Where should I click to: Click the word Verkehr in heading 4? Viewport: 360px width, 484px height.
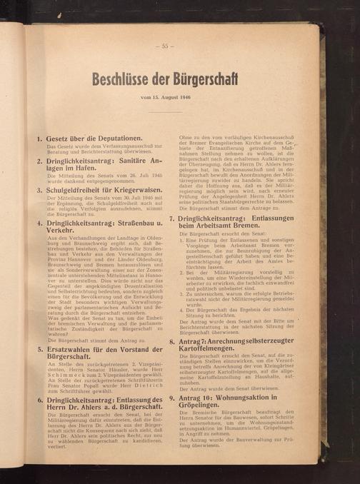63,232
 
